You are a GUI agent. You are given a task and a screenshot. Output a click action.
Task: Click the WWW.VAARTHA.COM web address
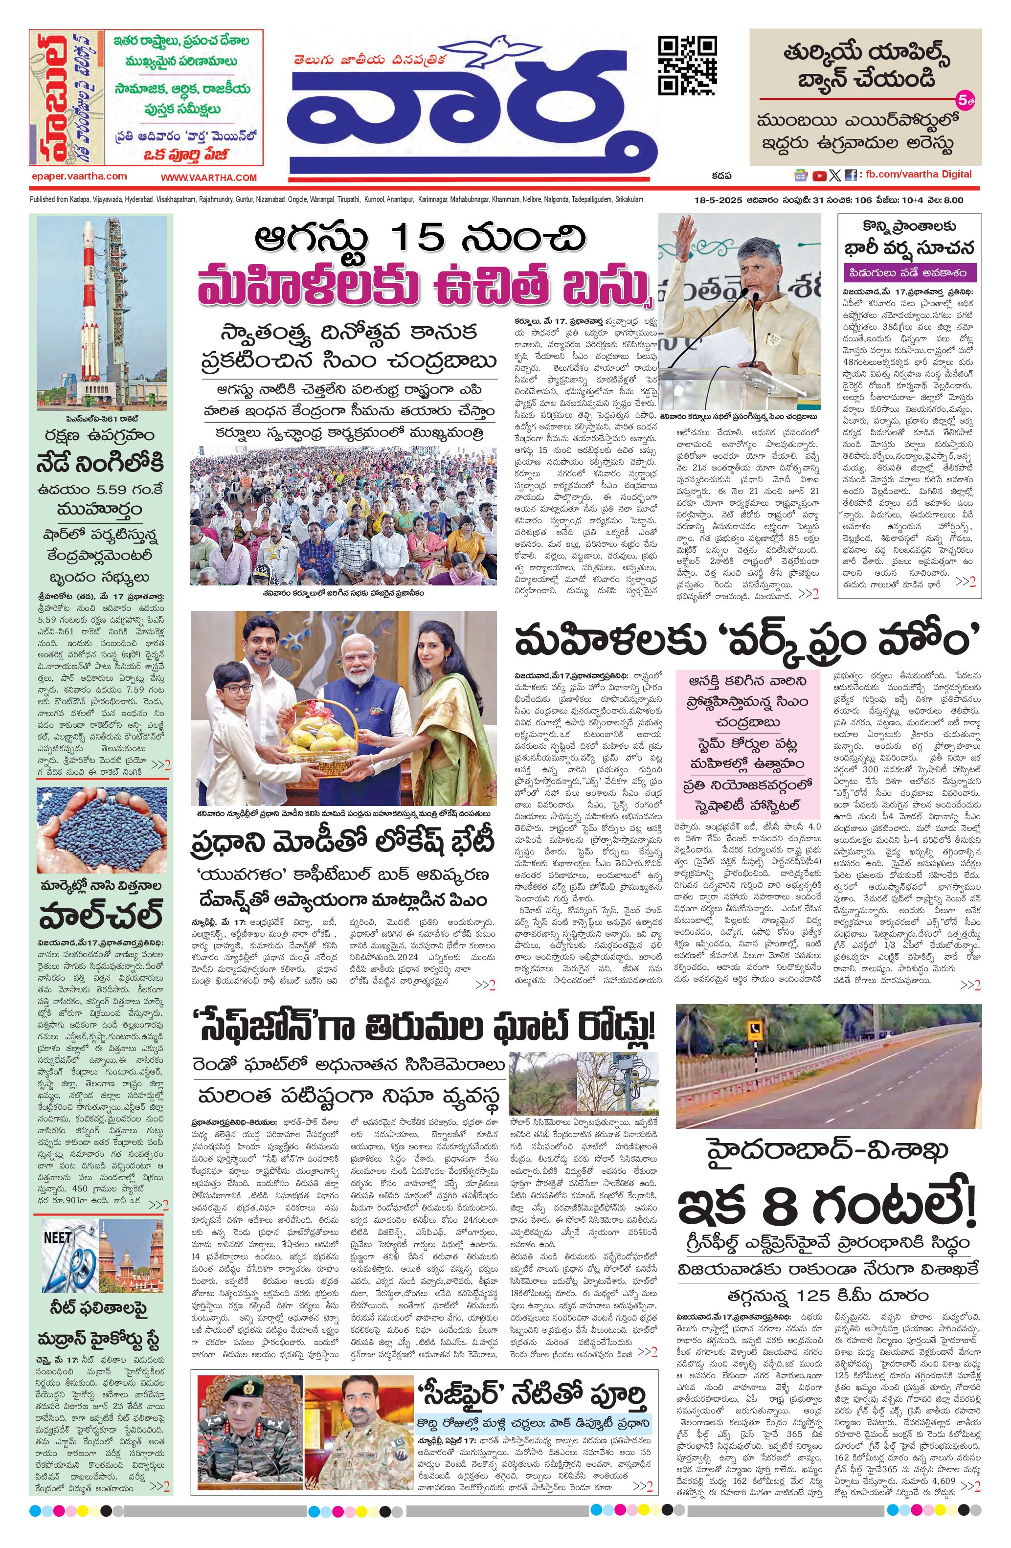click(209, 178)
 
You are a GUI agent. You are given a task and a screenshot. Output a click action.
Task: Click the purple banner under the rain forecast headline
click(908, 271)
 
